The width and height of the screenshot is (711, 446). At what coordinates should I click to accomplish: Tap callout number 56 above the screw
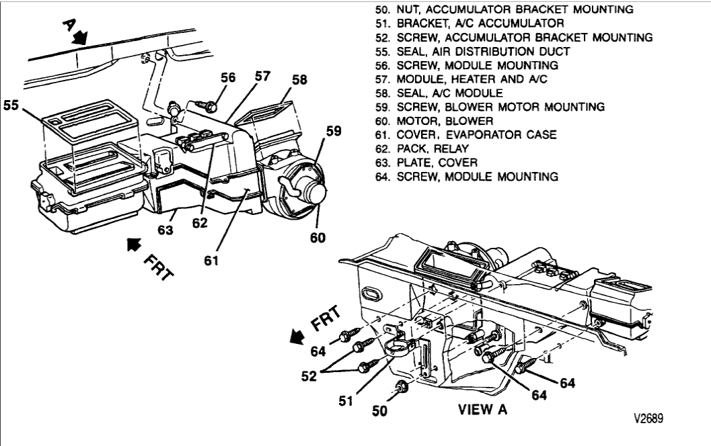point(229,77)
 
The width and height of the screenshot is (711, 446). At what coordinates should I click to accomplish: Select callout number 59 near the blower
point(334,133)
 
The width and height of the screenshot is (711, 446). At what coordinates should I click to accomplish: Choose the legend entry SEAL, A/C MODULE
point(440,93)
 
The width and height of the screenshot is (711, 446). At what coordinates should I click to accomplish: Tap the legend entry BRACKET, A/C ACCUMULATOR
point(458,24)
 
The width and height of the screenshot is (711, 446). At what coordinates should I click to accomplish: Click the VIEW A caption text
point(482,409)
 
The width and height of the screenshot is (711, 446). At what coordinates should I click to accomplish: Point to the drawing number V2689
point(647,418)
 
